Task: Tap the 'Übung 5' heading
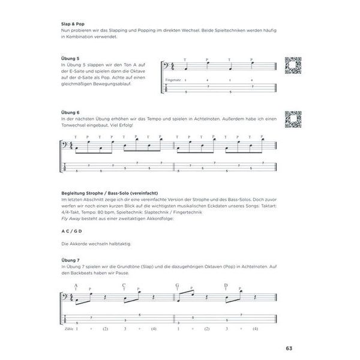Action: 71,58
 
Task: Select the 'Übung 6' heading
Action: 71,113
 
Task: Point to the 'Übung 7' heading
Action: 71,266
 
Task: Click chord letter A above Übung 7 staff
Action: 76,285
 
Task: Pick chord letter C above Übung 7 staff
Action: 124,285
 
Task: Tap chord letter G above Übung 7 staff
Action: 178,285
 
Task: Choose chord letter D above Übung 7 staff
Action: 226,285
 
